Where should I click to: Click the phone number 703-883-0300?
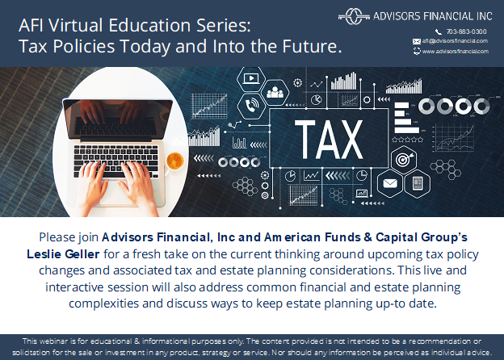coord(466,31)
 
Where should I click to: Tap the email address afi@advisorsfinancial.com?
coord(455,41)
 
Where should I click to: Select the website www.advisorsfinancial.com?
coord(456,51)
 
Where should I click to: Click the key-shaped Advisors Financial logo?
coord(354,16)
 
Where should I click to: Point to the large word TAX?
coord(329,140)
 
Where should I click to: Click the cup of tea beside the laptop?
coord(174,161)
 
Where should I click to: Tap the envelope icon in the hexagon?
coord(390,183)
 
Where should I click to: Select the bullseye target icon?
coord(404,159)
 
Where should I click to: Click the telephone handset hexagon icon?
coord(251,105)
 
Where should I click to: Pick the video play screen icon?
coord(251,78)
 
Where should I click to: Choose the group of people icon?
coord(275,92)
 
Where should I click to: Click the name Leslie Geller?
coord(63,254)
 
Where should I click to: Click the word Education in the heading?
coord(150,25)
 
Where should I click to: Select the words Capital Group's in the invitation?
coord(422,237)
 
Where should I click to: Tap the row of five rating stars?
coord(408,140)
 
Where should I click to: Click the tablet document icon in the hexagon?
coord(418,184)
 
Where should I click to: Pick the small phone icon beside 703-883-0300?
coord(439,31)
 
